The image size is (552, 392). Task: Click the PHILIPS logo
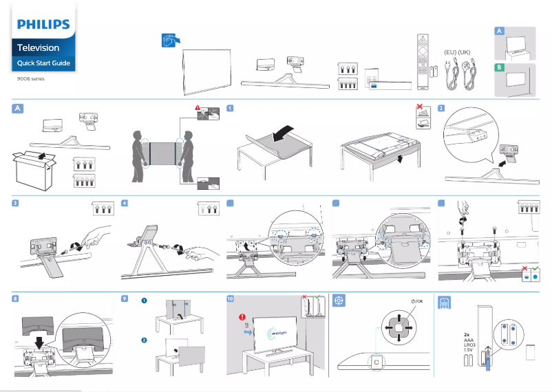pos(43,25)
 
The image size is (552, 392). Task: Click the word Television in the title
pos(39,48)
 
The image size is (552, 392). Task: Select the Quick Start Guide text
pos(43,63)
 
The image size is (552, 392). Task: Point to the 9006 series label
pos(30,79)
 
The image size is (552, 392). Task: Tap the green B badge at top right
pos(500,67)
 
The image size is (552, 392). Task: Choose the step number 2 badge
pos(441,109)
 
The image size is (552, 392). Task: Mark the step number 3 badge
pos(16,203)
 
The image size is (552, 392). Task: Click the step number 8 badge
pos(16,298)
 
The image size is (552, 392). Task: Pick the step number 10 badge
pos(231,298)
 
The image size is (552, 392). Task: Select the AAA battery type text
pos(469,340)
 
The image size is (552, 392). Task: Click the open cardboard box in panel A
pos(36,165)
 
